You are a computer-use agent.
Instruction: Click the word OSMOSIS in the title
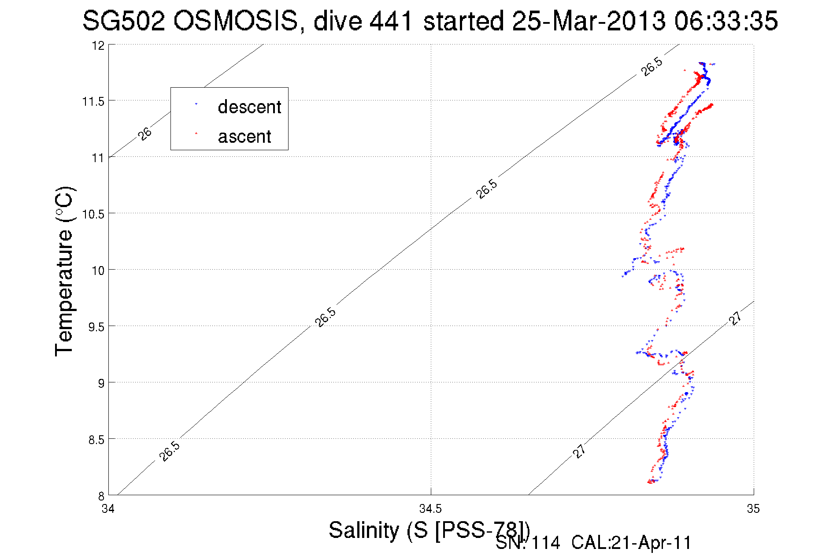[236, 21]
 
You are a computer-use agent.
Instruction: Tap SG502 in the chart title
[124, 21]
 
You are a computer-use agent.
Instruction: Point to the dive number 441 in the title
[391, 21]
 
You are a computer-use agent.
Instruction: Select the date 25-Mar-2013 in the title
[589, 21]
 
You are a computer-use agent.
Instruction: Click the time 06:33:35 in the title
[726, 21]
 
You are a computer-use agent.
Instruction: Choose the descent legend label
[249, 107]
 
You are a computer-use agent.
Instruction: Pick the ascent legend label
[244, 137]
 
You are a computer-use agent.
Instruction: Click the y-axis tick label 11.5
[93, 102]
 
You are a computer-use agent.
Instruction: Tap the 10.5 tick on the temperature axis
[93, 215]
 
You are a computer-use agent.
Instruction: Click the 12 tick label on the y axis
[98, 46]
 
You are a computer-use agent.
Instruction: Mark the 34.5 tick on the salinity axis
[430, 509]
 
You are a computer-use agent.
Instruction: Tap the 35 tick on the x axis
[753, 509]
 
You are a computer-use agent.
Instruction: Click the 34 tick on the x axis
[108, 509]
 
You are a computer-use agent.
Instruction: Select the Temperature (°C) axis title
[64, 271]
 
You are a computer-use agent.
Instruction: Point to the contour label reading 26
[144, 133]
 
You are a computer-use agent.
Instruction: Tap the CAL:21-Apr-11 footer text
[631, 543]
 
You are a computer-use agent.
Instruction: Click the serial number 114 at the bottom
[546, 543]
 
